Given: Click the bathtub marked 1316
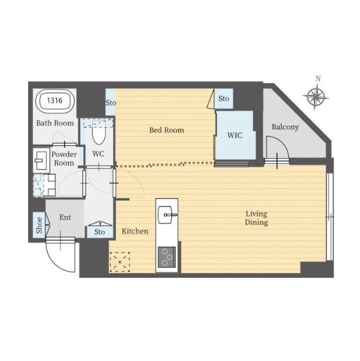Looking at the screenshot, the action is pos(55,101).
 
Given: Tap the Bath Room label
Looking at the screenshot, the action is pos(55,123).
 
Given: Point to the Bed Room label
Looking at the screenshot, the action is pos(166,131).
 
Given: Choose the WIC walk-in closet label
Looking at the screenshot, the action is pos(234,135).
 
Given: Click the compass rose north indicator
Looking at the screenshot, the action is pos(316,95).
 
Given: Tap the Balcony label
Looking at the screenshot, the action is pos(285,127).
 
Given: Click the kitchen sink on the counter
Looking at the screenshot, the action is pos(165,215).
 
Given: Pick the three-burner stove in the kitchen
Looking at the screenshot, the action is pos(167,257).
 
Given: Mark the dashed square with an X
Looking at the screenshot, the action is pos(120,262).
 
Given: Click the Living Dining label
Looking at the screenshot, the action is pos(257,218).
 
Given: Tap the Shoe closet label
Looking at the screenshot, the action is pos(39,225).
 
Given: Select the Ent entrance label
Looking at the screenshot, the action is pos(65,217).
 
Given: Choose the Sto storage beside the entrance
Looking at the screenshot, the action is pos(100,232).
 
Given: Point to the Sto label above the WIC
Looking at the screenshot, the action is pos(224,99).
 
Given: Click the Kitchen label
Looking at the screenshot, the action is pos(135,231).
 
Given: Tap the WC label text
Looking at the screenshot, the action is pos(98,154).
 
